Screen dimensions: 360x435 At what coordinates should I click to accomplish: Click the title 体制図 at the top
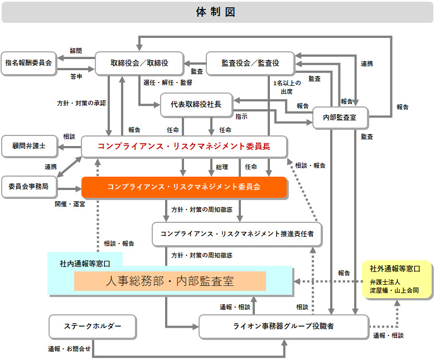[217, 12]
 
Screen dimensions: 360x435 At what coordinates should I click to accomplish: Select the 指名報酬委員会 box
[28, 63]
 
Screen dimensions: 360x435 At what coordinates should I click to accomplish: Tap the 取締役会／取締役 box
[139, 64]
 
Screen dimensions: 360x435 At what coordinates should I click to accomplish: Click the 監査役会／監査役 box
[250, 64]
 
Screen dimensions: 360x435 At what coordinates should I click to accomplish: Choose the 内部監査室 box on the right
[341, 118]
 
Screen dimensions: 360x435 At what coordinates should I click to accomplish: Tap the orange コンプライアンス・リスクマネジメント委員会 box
[184, 187]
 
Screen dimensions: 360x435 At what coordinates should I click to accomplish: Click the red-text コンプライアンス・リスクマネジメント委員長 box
[184, 147]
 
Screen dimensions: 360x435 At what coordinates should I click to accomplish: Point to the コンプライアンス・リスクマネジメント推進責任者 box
[237, 233]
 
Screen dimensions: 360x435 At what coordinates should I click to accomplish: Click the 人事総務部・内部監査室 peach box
[170, 281]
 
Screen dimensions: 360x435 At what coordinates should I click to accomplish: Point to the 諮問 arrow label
[75, 51]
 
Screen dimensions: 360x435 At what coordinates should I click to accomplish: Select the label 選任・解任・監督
[167, 82]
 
